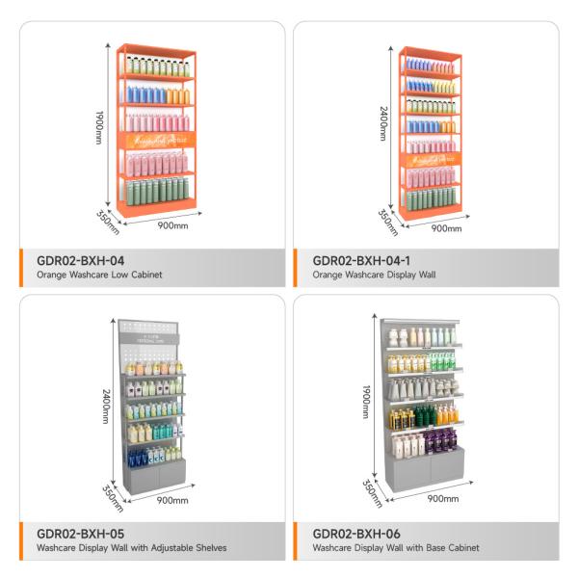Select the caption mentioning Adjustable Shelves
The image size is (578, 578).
[x=132, y=548]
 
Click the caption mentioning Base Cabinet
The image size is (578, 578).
[x=395, y=548]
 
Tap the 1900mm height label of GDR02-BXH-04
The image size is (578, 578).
[x=99, y=124]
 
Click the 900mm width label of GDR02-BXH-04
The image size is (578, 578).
[x=172, y=226]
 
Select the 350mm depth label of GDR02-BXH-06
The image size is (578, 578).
[x=371, y=491]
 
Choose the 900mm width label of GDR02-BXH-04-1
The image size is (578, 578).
[x=446, y=228]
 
